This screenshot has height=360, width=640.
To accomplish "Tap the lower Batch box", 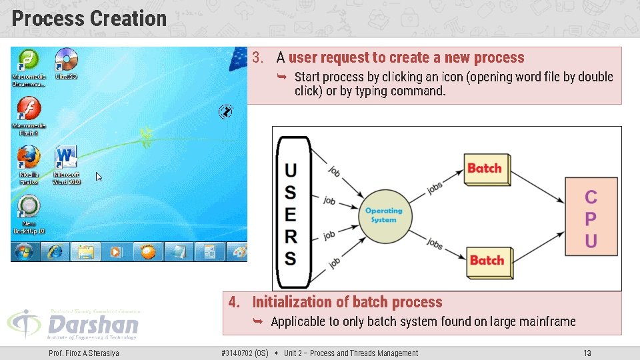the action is point(487,259).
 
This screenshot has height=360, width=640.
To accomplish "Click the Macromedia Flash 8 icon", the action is point(29,109).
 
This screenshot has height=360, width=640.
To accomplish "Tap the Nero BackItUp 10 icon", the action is point(29,209).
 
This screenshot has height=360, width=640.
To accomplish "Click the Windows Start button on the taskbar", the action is point(24,252).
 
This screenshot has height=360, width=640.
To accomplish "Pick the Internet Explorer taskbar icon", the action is point(55,252).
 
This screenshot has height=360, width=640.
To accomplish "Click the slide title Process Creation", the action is point(89,18).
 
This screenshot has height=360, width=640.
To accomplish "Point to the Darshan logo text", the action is point(93,325).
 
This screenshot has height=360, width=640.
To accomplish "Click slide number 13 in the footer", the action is point(587,353).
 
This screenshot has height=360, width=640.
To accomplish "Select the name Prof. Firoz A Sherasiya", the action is point(84,353).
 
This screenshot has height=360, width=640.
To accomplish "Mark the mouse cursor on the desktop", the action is point(99,177).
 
